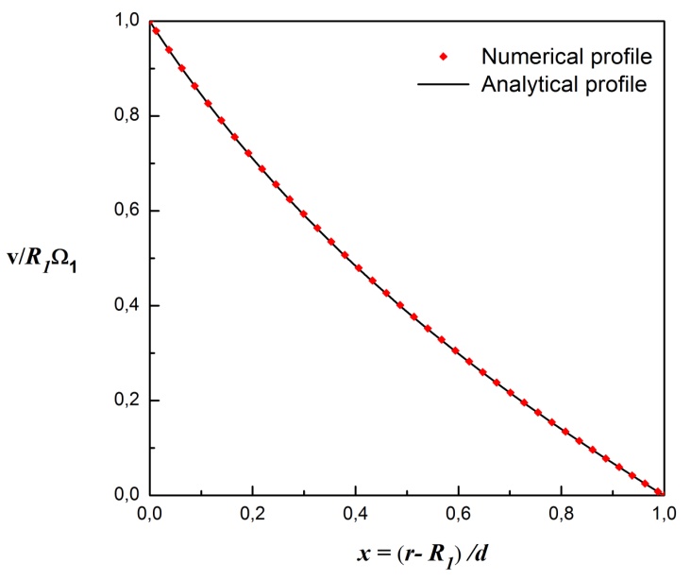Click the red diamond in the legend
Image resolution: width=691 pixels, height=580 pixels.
[444, 57]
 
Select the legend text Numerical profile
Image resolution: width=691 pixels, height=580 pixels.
[566, 57]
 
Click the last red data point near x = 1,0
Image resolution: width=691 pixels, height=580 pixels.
[659, 491]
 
